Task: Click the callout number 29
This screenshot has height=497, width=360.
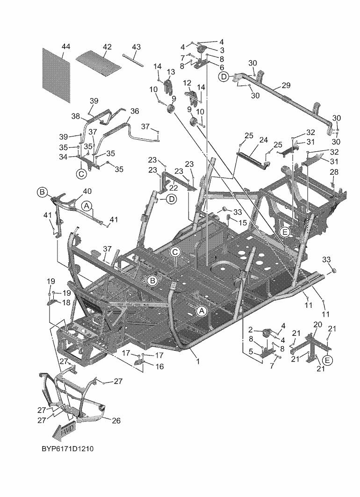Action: [286, 85]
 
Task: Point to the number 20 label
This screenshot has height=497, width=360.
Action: [317, 325]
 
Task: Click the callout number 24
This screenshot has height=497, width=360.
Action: [263, 140]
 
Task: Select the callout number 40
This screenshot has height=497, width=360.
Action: [87, 191]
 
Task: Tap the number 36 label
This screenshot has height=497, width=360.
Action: [135, 111]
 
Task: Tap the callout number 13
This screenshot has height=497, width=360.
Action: [171, 71]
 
